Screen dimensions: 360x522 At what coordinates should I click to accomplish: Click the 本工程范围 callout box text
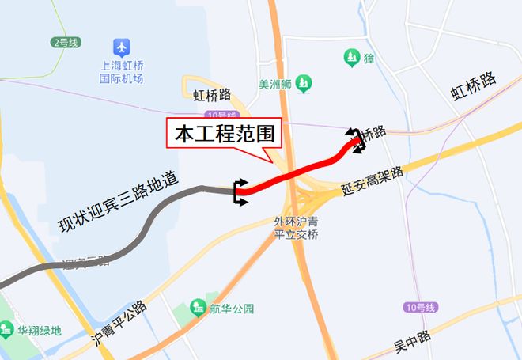(224, 134)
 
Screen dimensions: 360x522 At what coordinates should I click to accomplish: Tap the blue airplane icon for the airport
(121, 47)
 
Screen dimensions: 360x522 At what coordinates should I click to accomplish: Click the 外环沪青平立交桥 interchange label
(295, 227)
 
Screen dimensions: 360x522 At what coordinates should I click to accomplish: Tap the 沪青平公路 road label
(119, 323)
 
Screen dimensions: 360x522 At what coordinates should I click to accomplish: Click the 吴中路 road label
(412, 341)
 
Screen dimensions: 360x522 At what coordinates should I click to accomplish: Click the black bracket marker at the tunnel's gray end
(240, 191)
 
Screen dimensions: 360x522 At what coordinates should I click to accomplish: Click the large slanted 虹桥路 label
(473, 86)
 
